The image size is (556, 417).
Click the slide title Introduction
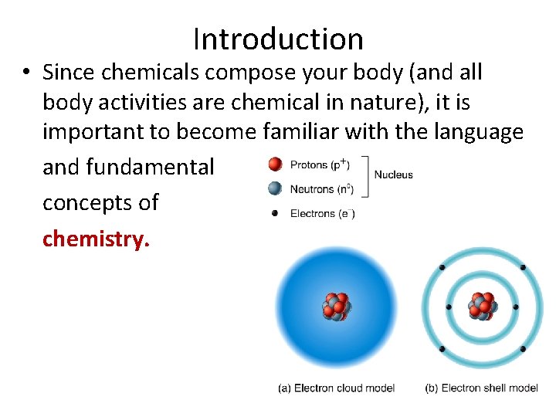278,39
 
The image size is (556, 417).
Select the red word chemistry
96,239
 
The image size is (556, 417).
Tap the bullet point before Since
26,73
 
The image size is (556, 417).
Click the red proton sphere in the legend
274,164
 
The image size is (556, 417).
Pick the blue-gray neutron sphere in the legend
274,188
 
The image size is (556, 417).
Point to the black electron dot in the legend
274,213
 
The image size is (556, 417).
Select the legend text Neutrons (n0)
322,188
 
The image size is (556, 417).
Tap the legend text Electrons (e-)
322,213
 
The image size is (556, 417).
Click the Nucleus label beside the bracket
393,175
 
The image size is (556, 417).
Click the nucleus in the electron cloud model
336,307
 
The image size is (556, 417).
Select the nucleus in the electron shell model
483,307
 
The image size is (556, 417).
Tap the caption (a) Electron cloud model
336,388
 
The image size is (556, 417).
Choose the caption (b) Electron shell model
482,388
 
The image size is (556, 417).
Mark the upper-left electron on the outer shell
442,267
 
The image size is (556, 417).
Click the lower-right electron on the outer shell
523,349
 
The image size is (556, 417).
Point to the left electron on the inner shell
449,307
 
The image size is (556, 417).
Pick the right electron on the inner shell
516,307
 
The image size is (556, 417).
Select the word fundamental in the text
150,166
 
